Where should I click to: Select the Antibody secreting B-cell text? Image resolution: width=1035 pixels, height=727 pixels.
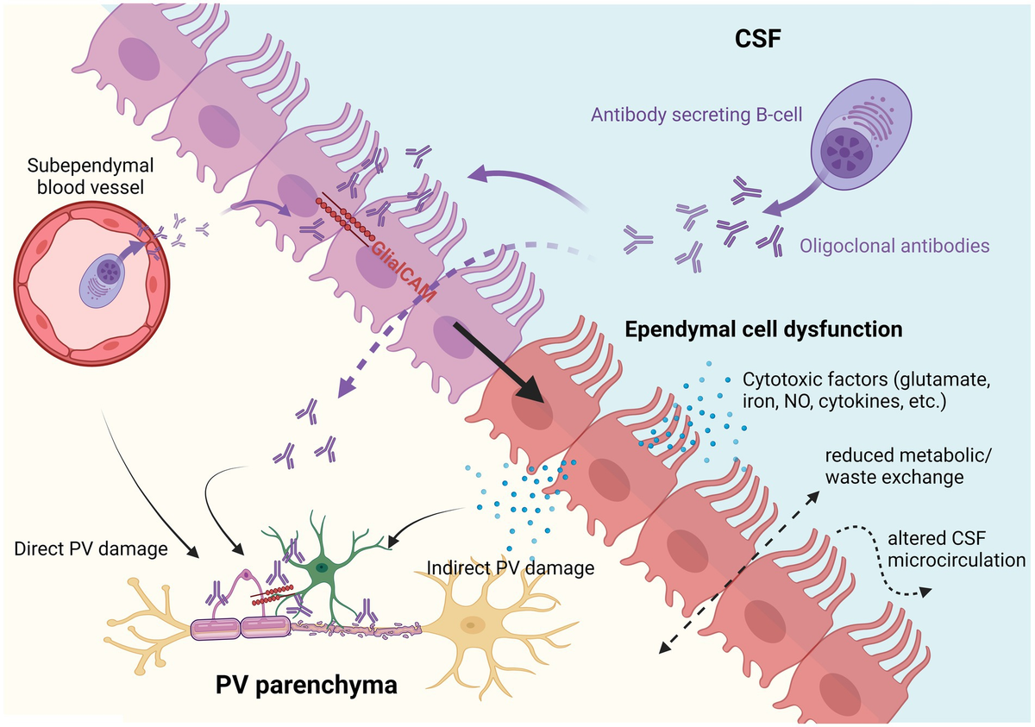point(694,115)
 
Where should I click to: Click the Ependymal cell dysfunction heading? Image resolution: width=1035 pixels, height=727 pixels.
point(763,329)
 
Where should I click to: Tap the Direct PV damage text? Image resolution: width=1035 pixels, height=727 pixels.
point(91,548)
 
